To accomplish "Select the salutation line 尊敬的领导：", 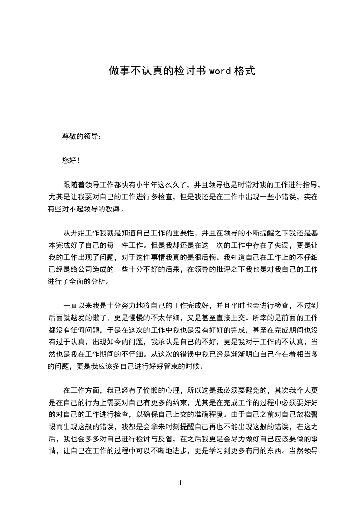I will pyautogui.click(x=82, y=136).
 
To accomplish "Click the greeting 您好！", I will pyautogui.click(x=71, y=160).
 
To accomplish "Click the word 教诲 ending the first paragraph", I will pyautogui.click(x=113, y=209).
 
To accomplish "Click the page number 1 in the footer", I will pyautogui.click(x=180, y=484).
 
